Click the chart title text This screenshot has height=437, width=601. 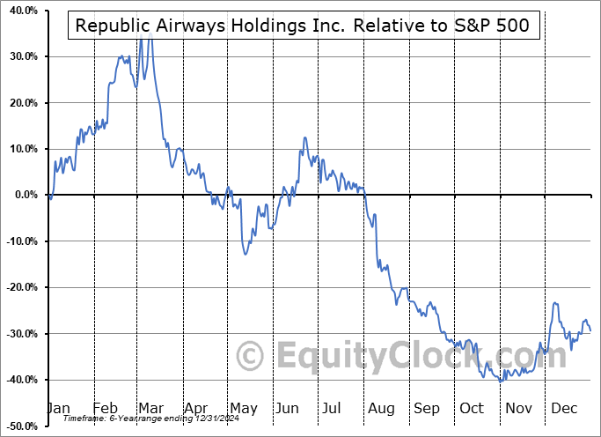[x=303, y=26]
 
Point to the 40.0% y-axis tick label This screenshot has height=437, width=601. [x=19, y=11]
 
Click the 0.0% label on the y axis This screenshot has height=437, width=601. [x=22, y=195]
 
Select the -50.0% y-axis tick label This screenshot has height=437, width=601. [x=18, y=426]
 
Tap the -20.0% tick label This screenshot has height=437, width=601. [x=18, y=287]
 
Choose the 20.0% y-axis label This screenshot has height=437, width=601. [x=19, y=103]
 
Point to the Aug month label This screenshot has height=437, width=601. [x=381, y=408]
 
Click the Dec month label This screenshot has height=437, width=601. [x=564, y=408]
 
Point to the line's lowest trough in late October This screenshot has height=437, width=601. [x=501, y=381]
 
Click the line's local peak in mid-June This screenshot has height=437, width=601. [x=304, y=137]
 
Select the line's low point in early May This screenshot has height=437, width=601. [x=246, y=255]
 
